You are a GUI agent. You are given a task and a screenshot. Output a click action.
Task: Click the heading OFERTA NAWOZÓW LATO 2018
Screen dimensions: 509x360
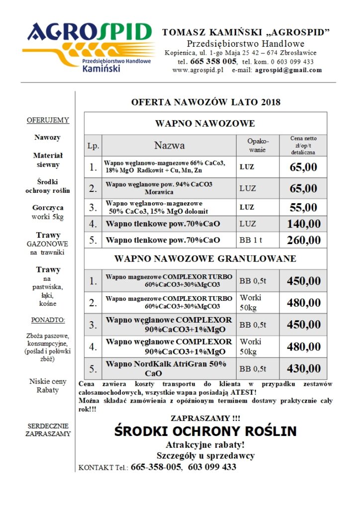(205, 102)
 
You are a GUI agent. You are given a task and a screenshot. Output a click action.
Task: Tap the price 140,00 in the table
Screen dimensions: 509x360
(303, 224)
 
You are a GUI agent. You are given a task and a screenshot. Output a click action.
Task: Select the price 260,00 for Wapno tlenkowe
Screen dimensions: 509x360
(303, 241)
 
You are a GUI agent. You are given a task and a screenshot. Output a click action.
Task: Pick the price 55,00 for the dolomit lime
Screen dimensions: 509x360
(303, 207)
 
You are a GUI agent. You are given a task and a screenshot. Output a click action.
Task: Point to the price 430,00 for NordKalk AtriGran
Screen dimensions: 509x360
(303, 369)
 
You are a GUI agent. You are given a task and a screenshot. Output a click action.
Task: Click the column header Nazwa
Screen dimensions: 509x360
(169, 146)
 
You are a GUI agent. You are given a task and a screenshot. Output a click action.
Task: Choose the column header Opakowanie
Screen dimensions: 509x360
(258, 145)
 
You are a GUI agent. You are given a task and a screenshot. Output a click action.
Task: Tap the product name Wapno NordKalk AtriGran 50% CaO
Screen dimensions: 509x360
(169, 369)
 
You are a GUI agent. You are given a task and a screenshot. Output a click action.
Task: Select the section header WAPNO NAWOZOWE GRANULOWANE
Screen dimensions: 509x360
(205, 258)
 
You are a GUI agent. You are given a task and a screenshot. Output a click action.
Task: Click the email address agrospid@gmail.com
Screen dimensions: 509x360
(288, 70)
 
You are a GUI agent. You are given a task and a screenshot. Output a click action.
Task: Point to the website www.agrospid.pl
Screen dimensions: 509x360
(198, 70)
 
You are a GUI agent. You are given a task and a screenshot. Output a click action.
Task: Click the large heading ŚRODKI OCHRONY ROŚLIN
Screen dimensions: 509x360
(205, 430)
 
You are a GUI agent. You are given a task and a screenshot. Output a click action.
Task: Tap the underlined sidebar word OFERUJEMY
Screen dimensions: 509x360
(48, 120)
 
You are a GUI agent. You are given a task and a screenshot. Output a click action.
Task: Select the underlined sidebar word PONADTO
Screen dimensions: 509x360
(48, 320)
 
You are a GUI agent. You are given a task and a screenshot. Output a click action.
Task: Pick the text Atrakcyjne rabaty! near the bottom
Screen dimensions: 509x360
(205, 444)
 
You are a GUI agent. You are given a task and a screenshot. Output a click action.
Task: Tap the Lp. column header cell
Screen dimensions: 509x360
(93, 146)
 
